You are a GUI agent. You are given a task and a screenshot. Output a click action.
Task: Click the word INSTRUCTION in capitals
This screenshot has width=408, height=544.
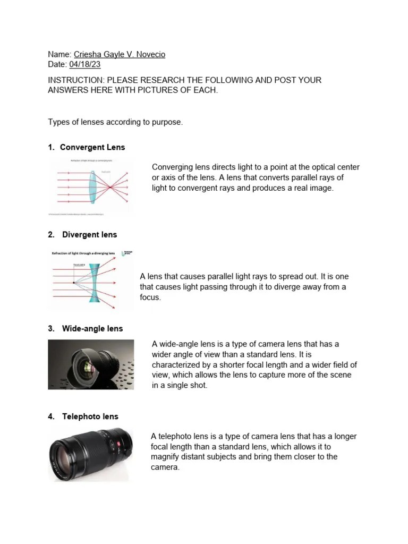(x=73, y=80)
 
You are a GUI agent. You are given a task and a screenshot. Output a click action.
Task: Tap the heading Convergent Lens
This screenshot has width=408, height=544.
(x=92, y=147)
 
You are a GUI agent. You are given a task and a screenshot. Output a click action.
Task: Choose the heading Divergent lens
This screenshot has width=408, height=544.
(x=89, y=234)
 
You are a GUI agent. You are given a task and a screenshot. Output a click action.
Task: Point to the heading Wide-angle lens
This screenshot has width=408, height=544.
(x=92, y=328)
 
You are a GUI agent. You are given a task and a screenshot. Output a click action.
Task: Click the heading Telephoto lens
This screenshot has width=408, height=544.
(x=90, y=416)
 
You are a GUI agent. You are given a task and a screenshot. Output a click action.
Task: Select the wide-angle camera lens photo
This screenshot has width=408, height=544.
(x=91, y=364)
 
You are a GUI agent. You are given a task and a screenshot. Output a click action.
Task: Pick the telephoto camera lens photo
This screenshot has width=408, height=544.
(x=89, y=454)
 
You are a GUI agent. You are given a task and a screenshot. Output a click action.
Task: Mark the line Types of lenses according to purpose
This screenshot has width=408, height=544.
(x=115, y=122)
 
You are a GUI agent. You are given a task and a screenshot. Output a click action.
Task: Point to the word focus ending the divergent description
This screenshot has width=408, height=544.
(x=150, y=297)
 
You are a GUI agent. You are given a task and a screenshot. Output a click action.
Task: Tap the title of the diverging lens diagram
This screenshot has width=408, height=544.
(x=83, y=254)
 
